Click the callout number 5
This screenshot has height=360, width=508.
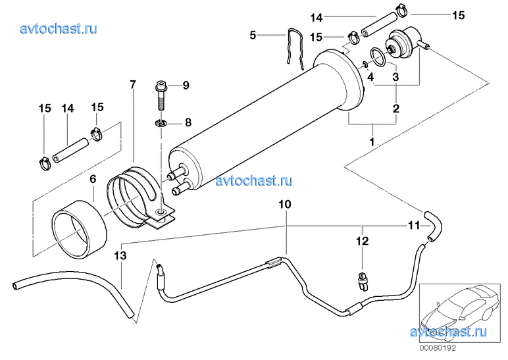(x=253, y=35)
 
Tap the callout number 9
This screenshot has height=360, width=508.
(x=186, y=85)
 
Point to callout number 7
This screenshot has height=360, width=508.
(x=132, y=84)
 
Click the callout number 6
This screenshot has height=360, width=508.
(x=93, y=178)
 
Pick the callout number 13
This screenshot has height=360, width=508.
(x=119, y=255)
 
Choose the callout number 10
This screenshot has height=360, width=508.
(x=284, y=205)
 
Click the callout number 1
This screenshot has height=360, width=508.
(x=372, y=141)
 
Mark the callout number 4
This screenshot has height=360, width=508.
(x=371, y=77)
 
